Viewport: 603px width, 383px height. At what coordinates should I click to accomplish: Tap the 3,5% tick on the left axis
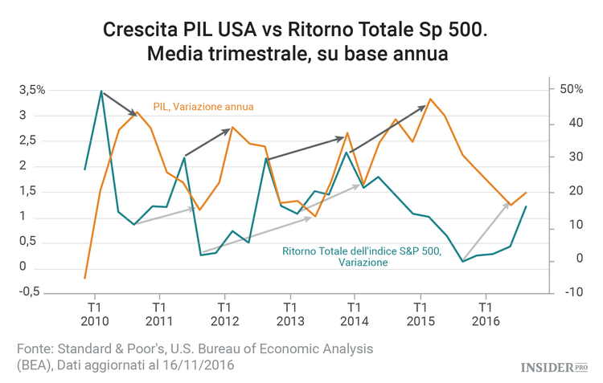[x=32, y=90]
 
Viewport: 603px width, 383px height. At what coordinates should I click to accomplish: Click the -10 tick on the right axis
[x=573, y=291]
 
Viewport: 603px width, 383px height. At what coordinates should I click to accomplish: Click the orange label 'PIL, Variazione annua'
[x=203, y=105]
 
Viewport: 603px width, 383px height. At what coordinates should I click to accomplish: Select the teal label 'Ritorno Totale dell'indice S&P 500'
[x=362, y=251]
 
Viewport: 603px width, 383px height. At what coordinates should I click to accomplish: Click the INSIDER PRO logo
[x=554, y=366]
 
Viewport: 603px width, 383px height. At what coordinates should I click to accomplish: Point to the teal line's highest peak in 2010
[x=100, y=91]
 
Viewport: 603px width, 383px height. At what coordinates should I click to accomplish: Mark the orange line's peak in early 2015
[x=430, y=99]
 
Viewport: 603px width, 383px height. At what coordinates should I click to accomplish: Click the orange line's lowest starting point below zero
[x=84, y=278]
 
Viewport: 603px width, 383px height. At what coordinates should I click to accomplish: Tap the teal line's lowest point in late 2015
[x=463, y=261]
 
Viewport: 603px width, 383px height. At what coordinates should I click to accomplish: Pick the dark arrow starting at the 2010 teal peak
[x=119, y=104]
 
